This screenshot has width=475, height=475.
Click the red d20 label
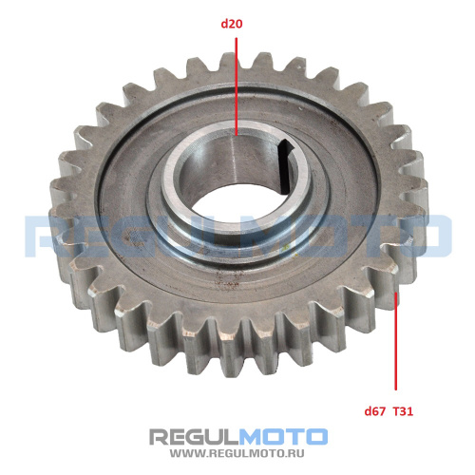click(x=232, y=24)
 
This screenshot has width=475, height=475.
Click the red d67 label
click(x=375, y=411)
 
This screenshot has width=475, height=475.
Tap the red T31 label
click(x=403, y=411)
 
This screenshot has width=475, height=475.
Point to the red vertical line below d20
click(x=236, y=86)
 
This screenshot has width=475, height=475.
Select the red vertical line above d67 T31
click(x=395, y=341)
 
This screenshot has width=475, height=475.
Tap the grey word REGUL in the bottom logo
click(x=194, y=437)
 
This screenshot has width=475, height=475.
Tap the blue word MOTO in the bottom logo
click(x=283, y=437)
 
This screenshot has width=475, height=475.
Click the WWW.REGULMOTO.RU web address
click(x=237, y=453)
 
